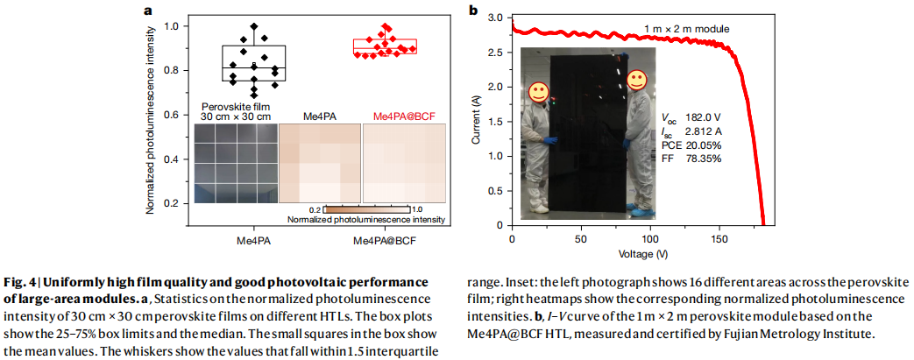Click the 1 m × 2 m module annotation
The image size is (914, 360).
[x=687, y=29]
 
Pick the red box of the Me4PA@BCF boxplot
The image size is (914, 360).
[x=385, y=46]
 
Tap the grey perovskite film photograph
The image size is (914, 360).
[x=235, y=163]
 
